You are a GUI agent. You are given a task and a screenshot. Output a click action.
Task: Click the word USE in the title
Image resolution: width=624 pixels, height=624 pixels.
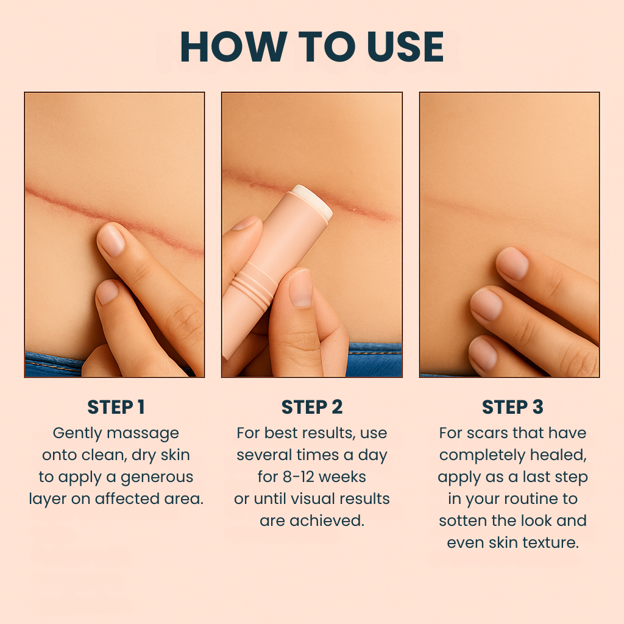(x=405, y=46)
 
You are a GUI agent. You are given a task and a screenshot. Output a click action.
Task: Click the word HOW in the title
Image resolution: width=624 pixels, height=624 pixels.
(x=233, y=46)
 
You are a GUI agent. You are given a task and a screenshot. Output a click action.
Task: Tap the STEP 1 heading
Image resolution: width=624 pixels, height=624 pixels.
(x=116, y=407)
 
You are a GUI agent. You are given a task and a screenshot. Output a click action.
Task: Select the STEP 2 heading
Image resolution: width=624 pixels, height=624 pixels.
(x=312, y=407)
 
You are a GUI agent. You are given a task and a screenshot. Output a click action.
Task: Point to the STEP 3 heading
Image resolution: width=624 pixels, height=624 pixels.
(x=512, y=407)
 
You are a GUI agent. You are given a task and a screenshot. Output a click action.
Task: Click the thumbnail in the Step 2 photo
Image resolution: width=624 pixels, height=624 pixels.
(x=301, y=288)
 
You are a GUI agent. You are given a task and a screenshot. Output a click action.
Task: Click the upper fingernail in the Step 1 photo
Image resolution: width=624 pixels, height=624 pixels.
(x=111, y=239)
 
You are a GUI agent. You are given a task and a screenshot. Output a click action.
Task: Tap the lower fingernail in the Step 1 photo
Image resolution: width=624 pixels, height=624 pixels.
(x=107, y=292)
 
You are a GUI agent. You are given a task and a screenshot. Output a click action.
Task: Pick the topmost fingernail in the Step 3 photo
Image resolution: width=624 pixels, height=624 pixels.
(x=512, y=263)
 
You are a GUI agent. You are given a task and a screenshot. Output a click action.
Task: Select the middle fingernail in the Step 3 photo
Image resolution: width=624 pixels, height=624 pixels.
(x=486, y=305)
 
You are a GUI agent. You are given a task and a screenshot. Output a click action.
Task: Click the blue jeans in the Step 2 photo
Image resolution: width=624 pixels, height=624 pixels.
(x=374, y=360)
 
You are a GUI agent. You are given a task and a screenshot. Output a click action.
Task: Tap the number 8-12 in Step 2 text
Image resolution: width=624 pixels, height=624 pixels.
(x=299, y=477)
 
